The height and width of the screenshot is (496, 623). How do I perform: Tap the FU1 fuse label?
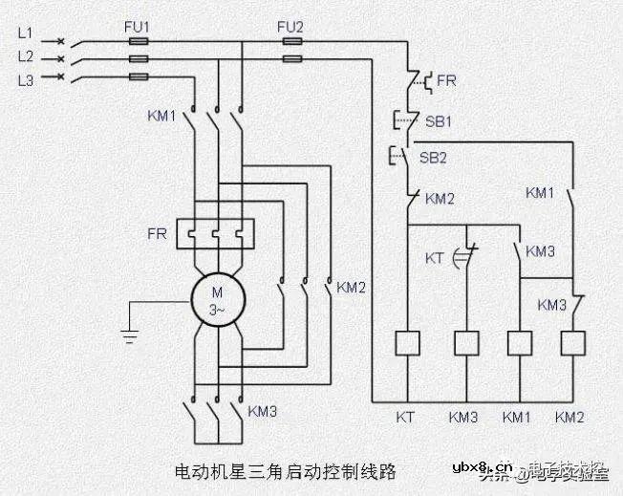(x=137, y=28)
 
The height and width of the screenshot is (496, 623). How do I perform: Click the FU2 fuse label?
(x=290, y=28)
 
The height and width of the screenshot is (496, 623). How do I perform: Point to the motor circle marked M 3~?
(x=219, y=299)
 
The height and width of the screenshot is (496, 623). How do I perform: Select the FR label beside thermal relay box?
(x=158, y=232)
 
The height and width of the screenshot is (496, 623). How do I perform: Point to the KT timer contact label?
(x=434, y=259)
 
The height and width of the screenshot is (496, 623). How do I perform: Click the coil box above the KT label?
(x=408, y=343)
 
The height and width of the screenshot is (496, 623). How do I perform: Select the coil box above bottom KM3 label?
(x=465, y=343)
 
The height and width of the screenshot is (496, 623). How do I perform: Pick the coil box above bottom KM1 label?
(x=519, y=343)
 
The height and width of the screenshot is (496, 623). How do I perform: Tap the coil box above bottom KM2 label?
(x=572, y=343)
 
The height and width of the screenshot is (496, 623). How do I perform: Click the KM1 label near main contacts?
(x=162, y=116)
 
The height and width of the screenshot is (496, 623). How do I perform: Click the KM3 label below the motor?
(x=262, y=412)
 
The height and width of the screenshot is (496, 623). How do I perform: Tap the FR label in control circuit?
(x=446, y=82)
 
